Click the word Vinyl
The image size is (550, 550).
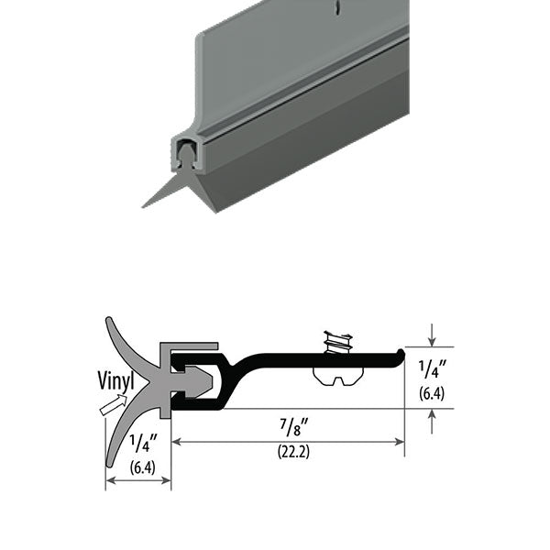click(115, 380)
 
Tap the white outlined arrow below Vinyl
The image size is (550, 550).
click(114, 404)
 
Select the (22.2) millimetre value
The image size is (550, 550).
click(293, 451)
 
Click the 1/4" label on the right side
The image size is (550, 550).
click(433, 369)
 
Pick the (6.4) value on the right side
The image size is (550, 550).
click(432, 393)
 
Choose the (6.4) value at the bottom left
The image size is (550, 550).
click(142, 467)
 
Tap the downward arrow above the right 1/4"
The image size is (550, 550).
click(432, 335)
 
